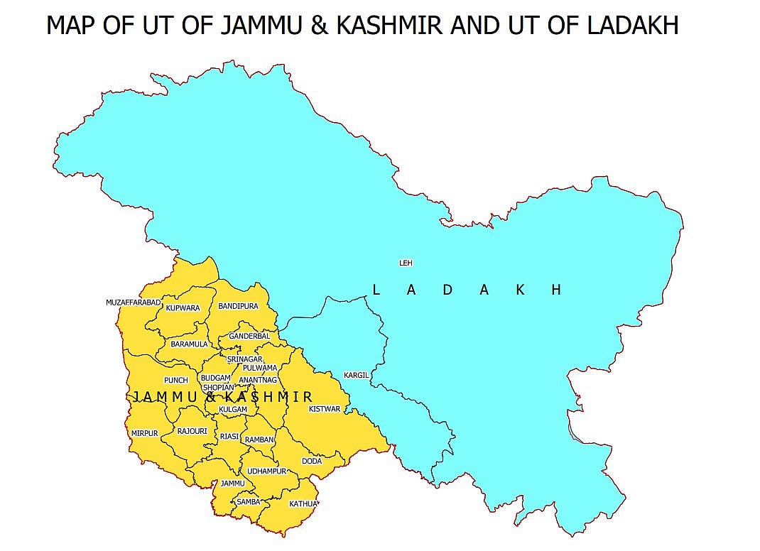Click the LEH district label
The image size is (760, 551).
point(406,263)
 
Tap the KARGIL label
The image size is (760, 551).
point(356,375)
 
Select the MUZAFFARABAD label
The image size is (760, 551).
point(134,302)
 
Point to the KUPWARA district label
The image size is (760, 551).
point(183,308)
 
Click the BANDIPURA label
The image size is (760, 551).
point(238,307)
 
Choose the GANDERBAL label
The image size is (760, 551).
point(249,336)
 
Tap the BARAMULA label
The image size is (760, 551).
point(189,344)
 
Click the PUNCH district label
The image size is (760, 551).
point(175,381)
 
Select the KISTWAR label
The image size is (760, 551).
point(325,409)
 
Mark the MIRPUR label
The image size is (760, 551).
point(144,433)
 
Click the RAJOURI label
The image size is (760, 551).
point(192,431)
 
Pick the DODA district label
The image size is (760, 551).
point(312,461)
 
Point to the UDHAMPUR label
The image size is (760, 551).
point(266,471)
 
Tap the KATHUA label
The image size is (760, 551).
point(303,504)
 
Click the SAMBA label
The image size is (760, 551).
point(249,501)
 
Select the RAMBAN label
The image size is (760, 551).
point(259,440)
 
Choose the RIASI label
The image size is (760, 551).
point(229,437)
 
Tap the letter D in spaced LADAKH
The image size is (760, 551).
point(447,290)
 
